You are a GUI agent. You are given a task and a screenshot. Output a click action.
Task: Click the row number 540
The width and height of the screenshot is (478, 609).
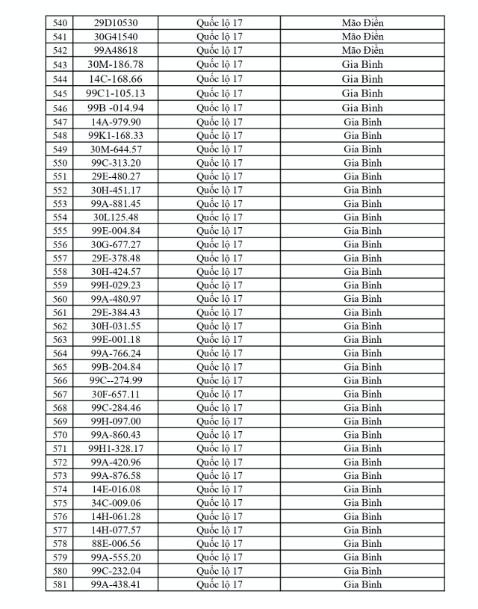click(60, 23)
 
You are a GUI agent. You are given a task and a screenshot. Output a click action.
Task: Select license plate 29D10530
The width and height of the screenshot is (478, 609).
click(116, 23)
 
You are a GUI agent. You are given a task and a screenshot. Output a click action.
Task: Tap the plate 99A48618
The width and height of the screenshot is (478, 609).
click(116, 50)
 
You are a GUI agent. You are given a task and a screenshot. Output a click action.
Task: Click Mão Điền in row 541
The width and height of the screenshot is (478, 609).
click(362, 37)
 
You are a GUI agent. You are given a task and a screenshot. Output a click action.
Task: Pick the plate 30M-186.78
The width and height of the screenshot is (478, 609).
click(116, 64)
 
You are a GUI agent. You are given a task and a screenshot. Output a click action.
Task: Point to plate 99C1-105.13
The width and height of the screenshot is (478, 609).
click(116, 93)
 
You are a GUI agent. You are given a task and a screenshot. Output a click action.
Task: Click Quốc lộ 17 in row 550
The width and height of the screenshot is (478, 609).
click(220, 163)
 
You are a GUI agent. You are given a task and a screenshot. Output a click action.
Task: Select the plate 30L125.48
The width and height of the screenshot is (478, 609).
click(116, 217)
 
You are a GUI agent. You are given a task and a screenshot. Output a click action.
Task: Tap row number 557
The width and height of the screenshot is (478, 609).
click(60, 258)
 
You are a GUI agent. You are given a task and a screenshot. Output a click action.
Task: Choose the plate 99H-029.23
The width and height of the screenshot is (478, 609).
click(116, 285)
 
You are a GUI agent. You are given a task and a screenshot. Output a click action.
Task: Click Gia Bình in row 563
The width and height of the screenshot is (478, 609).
click(362, 340)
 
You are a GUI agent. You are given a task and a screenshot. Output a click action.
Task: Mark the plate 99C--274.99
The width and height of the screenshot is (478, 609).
click(116, 380)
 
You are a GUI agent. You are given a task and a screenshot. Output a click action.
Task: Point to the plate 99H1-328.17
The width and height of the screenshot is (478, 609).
click(116, 448)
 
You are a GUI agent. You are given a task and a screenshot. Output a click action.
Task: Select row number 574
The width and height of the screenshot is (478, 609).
click(60, 489)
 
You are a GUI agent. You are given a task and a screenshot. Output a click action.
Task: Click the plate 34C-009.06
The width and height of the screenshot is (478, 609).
click(116, 503)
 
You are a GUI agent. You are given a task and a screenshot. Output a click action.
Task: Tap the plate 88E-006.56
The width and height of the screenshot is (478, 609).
click(116, 544)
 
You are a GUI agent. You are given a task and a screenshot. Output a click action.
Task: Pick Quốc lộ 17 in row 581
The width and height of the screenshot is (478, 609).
click(220, 584)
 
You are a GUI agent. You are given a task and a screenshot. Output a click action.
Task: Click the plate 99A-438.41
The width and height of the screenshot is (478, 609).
click(116, 584)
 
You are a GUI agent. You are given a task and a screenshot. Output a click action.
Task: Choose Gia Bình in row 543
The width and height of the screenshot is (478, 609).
click(362, 64)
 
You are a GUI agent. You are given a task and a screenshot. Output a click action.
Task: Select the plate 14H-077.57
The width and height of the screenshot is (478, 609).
click(116, 530)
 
